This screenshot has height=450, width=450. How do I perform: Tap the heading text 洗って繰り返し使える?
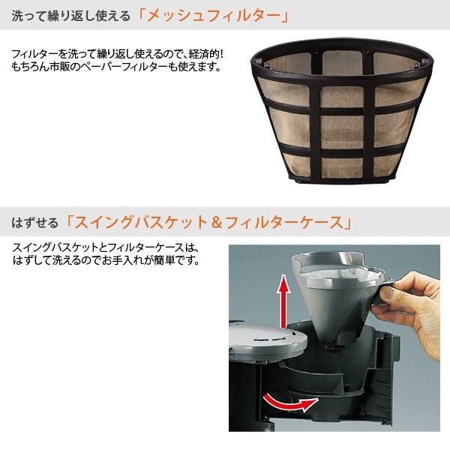(71, 16)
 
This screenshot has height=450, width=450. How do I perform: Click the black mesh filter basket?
(341, 110)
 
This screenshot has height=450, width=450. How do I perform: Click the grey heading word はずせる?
(34, 223)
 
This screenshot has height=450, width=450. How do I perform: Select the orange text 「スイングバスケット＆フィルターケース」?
(208, 222)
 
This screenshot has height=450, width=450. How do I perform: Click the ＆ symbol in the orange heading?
(217, 223)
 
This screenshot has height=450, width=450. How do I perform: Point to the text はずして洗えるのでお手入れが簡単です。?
(106, 260)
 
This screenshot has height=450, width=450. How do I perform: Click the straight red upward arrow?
(283, 301)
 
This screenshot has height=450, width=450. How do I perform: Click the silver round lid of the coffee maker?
(267, 338)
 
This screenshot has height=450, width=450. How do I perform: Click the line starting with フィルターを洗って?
(118, 54)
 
